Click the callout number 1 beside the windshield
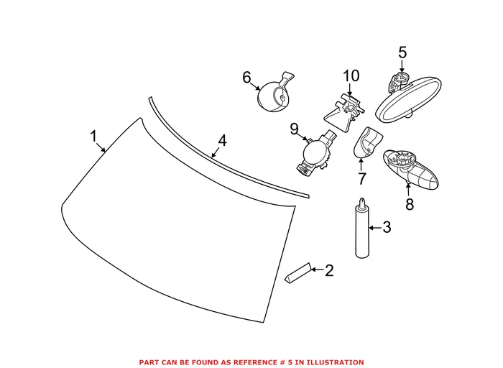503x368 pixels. tap(93, 136)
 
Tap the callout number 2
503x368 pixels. tap(329, 271)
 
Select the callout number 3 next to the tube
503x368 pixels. tap(386, 229)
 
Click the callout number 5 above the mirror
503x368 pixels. tap(402, 52)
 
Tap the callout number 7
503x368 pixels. tap(361, 179)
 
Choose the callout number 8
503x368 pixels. tap(409, 205)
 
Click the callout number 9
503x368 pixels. tap(294, 129)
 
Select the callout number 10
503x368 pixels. tap(350, 75)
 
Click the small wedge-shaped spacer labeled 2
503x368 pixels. tap(297, 273)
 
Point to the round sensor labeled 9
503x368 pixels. tap(315, 152)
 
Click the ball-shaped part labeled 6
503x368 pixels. tap(272, 94)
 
